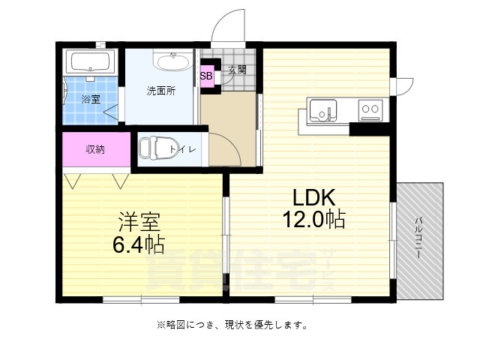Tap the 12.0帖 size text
coord(313,220)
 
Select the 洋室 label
coord(139,223)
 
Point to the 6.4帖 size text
coord(139,244)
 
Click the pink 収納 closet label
coord(95,149)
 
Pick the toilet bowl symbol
coord(155,148)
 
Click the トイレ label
coord(184,149)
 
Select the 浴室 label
coord(90,97)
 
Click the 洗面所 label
coord(160,91)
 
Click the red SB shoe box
coord(206,75)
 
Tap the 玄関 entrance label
coord(238,70)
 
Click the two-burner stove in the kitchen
coord(370,109)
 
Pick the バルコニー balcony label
coord(418,238)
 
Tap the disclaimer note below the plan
coord(232,325)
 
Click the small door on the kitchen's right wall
coord(403,85)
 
